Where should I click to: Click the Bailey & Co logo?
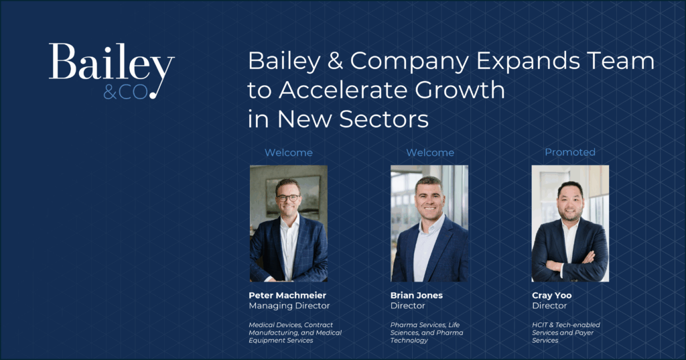point(112,71)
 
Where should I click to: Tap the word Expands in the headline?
point(527,61)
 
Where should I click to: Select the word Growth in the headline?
point(460,90)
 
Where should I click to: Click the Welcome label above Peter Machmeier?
point(289,153)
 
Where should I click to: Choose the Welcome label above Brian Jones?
point(430,153)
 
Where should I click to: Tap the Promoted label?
point(570,152)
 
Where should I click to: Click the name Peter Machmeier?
point(287,295)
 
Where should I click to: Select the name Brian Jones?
point(417,295)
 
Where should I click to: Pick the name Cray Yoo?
point(552,296)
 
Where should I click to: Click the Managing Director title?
point(289,306)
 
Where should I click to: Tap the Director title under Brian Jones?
point(408,306)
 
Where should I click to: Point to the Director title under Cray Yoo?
point(549,306)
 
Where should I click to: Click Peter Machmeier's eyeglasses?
point(288,198)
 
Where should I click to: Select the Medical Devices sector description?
point(295,333)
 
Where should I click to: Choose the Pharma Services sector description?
point(427,333)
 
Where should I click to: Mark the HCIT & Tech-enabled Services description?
point(566,333)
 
